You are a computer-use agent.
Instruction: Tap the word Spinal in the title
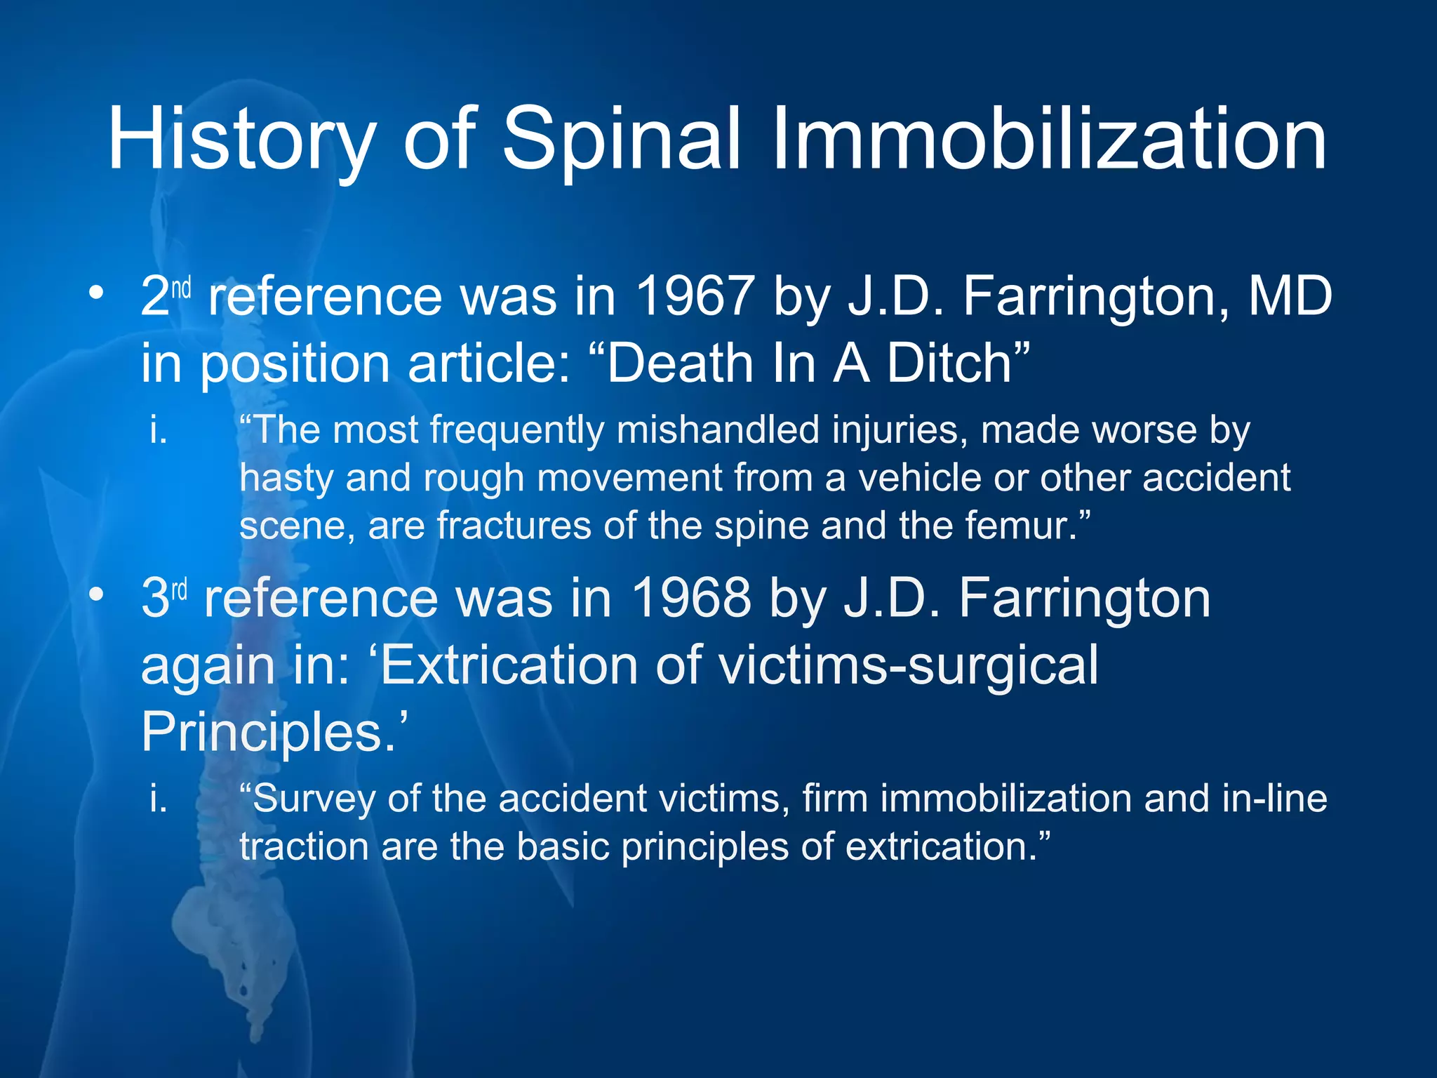click(622, 140)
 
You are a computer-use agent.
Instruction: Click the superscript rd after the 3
click(180, 590)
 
